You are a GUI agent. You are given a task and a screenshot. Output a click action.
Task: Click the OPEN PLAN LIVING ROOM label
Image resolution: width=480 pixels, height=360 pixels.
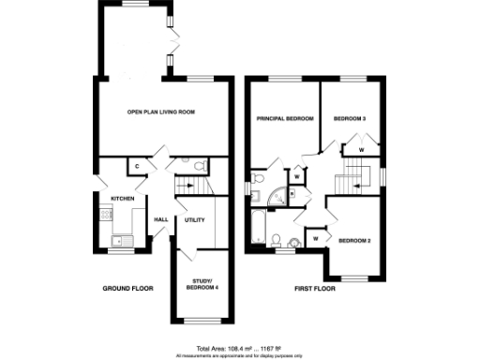[167, 112]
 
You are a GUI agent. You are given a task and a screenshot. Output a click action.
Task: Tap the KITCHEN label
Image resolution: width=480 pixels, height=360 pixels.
[123, 199]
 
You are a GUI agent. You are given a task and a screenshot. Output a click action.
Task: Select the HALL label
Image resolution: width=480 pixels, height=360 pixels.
[160, 219]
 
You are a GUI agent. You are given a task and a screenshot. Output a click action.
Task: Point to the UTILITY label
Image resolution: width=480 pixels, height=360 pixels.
[195, 219]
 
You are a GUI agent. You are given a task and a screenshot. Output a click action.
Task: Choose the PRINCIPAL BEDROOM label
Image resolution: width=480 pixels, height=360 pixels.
[284, 119]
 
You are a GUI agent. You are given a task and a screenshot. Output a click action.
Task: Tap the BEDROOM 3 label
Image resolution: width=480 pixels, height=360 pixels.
[350, 119]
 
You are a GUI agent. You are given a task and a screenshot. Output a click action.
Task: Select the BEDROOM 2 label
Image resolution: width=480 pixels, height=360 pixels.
[354, 241]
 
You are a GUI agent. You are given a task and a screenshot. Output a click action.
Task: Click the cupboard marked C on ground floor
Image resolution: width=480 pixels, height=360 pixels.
[137, 166]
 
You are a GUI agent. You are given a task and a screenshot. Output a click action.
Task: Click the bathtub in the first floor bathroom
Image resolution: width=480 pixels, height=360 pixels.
[260, 225]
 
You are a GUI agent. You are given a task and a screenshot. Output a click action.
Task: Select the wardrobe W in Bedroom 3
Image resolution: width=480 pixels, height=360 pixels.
[361, 149]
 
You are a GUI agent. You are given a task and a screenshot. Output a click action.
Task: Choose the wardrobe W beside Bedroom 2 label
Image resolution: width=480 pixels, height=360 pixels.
[315, 239]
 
